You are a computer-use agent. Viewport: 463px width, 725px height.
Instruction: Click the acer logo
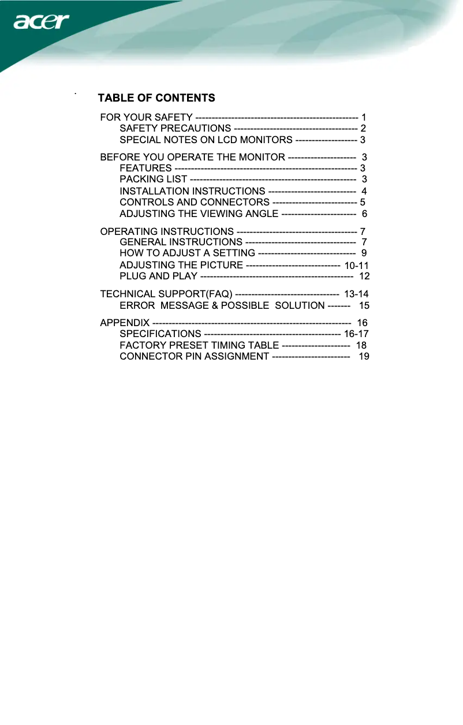pyautogui.click(x=41, y=23)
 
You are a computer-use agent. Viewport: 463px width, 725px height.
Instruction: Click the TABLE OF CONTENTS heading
pyautogui.click(x=156, y=98)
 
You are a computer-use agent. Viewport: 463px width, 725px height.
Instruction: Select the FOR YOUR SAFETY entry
pyautogui.click(x=147, y=118)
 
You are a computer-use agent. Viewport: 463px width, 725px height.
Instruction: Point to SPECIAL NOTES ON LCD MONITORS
pyautogui.click(x=206, y=140)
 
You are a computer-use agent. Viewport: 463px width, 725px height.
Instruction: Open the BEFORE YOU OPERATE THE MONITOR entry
pyautogui.click(x=192, y=157)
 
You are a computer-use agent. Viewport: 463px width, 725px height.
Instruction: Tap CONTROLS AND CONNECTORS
pyautogui.click(x=194, y=202)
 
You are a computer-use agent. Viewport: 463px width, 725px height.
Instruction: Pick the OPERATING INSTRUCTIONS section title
pyautogui.click(x=167, y=231)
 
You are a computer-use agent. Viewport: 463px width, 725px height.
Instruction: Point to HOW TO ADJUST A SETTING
pyautogui.click(x=187, y=253)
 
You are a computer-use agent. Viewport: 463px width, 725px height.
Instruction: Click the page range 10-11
pyautogui.click(x=356, y=266)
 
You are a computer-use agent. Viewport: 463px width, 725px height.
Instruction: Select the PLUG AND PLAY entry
pyautogui.click(x=158, y=276)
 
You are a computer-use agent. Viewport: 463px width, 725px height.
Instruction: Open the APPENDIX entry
pyautogui.click(x=125, y=322)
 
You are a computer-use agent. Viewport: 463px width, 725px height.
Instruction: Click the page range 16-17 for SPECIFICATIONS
pyautogui.click(x=356, y=334)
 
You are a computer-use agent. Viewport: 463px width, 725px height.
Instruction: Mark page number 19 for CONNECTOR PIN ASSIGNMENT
pyautogui.click(x=364, y=356)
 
